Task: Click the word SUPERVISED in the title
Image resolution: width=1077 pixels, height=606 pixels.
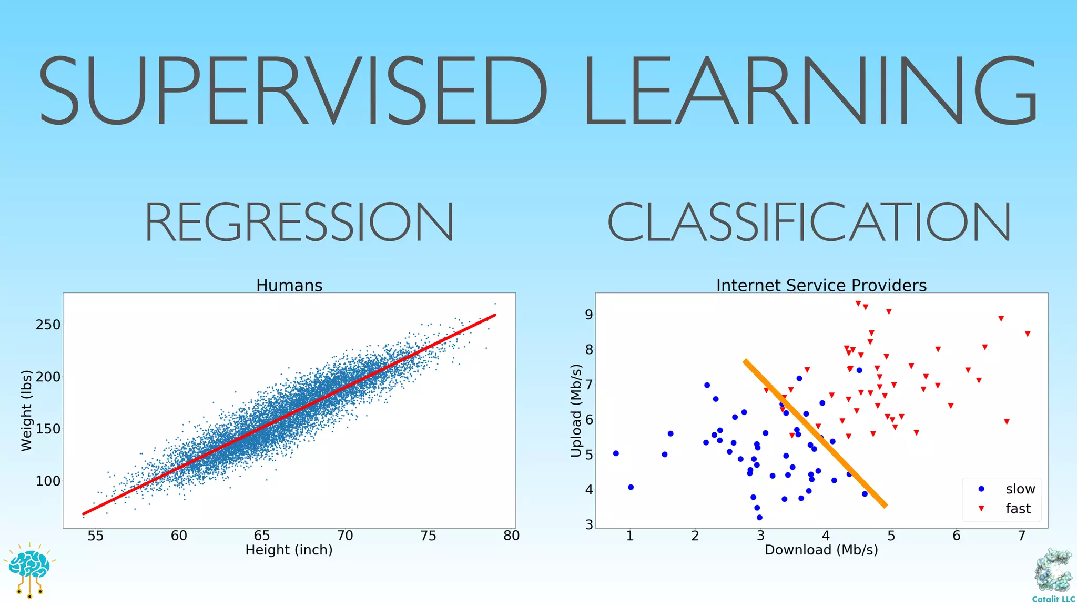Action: click(292, 90)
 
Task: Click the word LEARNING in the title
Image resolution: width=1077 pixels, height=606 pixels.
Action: click(810, 90)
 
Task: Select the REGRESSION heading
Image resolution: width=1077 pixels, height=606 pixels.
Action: click(299, 222)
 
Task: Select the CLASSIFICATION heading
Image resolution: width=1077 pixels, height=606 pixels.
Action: click(809, 222)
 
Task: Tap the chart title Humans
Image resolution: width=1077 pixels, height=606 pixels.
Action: click(289, 286)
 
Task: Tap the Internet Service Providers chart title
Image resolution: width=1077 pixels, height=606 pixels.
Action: click(821, 286)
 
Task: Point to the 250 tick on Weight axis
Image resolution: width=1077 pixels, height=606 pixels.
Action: click(48, 325)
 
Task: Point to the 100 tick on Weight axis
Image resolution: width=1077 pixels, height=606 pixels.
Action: click(48, 481)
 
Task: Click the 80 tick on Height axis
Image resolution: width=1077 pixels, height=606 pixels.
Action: click(511, 536)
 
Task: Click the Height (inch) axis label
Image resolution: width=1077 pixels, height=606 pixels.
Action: click(289, 550)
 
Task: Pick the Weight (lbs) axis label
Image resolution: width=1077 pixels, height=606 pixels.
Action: click(26, 411)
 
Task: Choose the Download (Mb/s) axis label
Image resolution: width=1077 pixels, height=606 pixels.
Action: click(821, 550)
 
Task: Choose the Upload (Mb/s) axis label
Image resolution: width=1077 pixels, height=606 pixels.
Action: click(577, 411)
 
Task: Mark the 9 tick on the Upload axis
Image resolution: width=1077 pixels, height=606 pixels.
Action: click(588, 315)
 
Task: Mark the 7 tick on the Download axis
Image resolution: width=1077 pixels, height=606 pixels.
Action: click(1021, 536)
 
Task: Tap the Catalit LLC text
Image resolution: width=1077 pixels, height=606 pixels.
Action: click(1053, 599)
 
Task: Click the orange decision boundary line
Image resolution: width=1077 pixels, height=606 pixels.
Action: click(815, 432)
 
